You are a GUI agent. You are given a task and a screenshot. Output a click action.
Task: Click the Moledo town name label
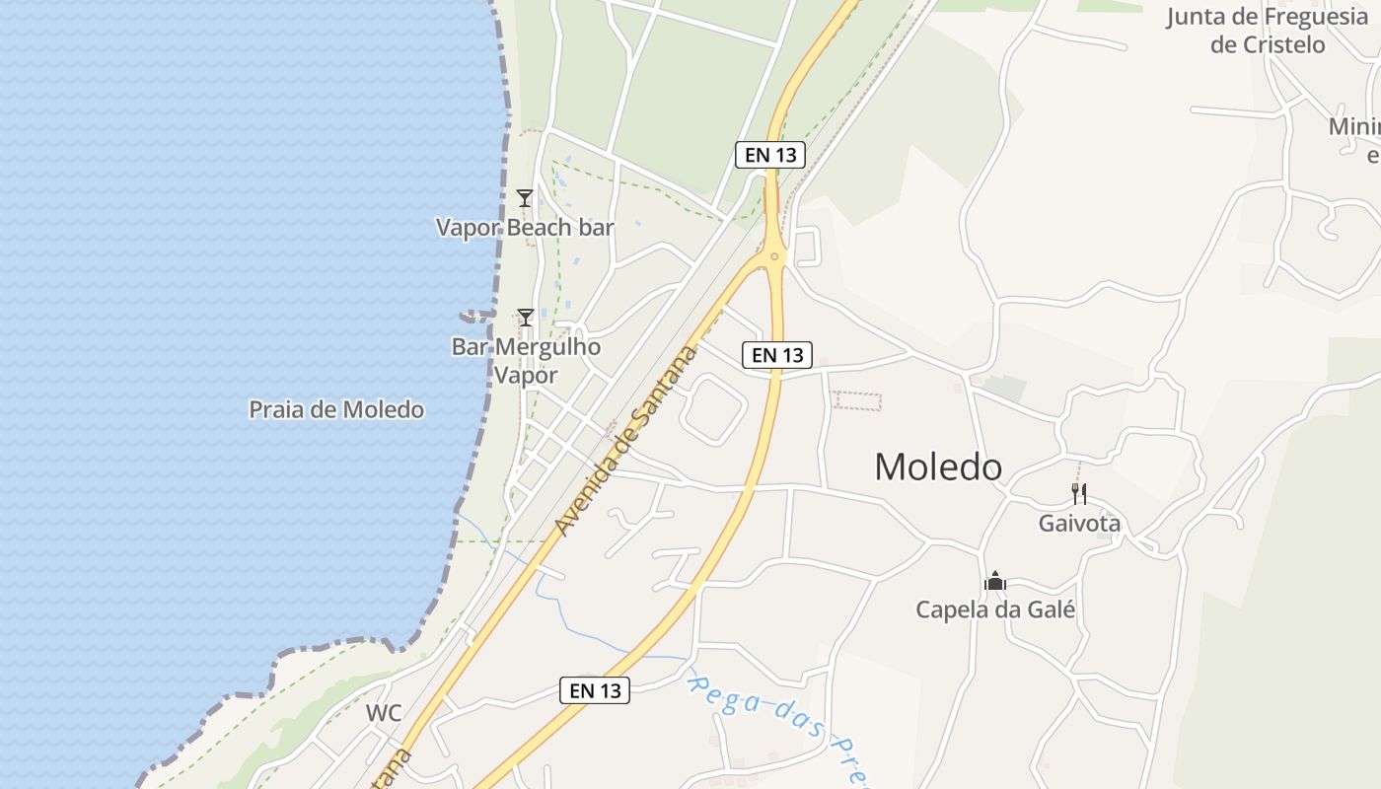(938, 466)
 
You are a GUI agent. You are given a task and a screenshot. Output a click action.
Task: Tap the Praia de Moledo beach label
(336, 409)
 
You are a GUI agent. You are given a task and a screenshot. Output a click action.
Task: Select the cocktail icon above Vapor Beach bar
(525, 198)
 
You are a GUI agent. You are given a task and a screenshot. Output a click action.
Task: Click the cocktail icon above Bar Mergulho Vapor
(526, 317)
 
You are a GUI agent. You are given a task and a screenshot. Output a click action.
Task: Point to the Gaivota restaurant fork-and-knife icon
(1079, 493)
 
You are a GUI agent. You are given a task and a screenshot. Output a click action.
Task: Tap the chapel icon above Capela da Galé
(994, 581)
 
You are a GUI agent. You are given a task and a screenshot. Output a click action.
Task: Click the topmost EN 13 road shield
(770, 154)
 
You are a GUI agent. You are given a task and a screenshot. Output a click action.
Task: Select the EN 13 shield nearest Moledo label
(777, 355)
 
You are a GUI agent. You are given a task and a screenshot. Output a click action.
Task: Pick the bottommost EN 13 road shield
(595, 690)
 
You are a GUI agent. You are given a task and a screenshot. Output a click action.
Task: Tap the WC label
(384, 713)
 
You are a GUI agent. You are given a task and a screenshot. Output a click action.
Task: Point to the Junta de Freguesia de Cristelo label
(1267, 31)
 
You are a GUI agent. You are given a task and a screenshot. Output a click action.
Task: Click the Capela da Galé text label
(994, 610)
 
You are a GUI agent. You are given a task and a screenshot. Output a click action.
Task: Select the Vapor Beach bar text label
(525, 228)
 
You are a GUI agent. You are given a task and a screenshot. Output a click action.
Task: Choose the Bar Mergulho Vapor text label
(526, 361)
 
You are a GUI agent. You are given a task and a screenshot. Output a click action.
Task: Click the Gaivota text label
(1079, 524)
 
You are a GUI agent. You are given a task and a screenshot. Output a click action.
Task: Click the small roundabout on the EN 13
(774, 257)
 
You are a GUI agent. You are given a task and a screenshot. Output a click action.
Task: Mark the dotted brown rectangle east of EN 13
(855, 400)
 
